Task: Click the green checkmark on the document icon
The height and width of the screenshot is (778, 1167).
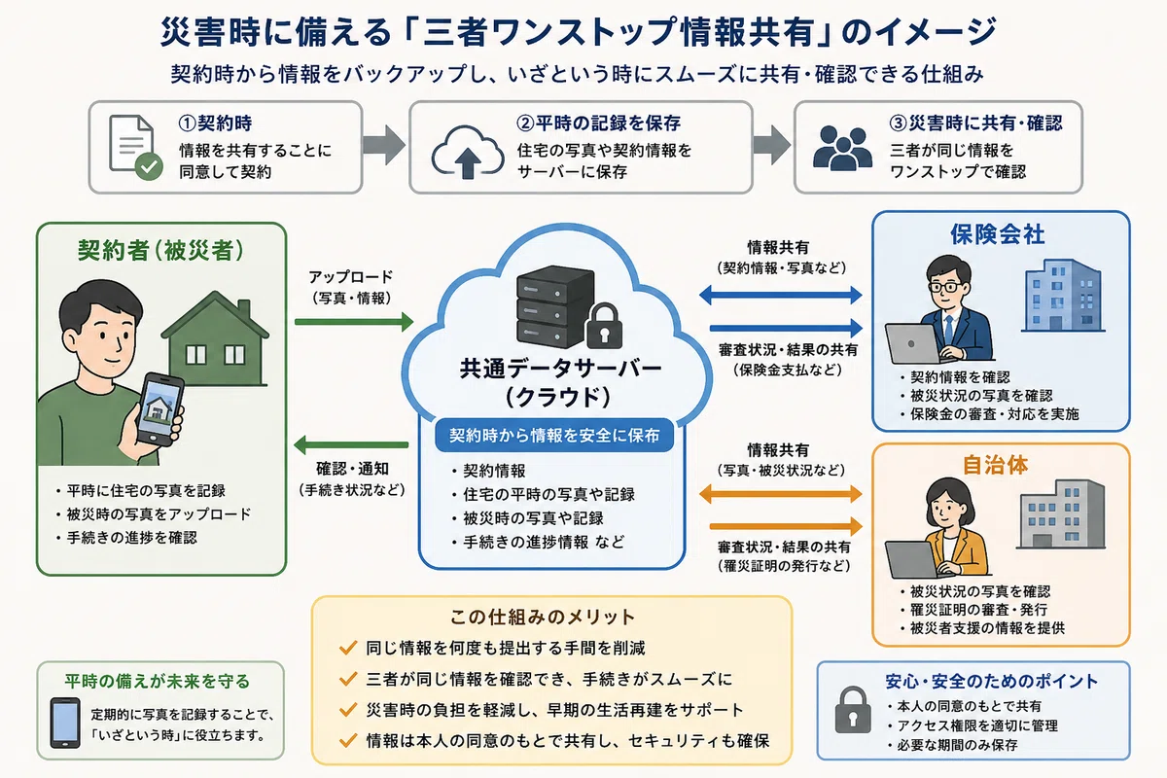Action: click(149, 166)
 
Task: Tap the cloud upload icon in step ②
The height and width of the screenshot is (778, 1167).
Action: click(468, 152)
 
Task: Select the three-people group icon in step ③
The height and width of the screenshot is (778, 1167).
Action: click(842, 148)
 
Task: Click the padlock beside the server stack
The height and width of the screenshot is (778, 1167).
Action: click(604, 327)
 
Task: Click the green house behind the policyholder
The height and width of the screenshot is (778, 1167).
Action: click(215, 338)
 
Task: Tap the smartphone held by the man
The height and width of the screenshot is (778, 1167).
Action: click(159, 409)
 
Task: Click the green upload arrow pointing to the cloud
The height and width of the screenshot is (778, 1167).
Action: click(354, 322)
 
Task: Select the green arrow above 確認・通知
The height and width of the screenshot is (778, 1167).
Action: click(351, 445)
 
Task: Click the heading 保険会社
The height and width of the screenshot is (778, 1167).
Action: click(997, 234)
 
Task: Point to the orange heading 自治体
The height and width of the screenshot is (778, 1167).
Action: click(995, 465)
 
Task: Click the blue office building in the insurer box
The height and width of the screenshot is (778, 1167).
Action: click(1063, 296)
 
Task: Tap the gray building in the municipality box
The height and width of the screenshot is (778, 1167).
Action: click(1061, 513)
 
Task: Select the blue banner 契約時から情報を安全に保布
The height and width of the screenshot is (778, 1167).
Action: click(554, 435)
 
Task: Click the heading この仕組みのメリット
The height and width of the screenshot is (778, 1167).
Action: click(542, 617)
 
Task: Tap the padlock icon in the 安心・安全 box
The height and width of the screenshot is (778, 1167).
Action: click(853, 710)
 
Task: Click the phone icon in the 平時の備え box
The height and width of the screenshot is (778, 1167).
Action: click(65, 723)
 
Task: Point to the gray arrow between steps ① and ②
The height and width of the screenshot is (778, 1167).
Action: click(384, 145)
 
